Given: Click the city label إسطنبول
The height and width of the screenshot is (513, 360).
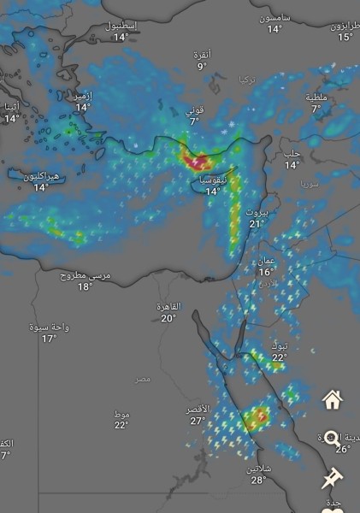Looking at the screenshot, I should (121, 26).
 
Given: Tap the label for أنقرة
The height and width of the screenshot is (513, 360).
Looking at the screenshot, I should (202, 55).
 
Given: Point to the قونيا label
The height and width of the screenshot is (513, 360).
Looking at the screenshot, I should (195, 110).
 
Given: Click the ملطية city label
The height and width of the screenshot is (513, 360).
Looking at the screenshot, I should (316, 97).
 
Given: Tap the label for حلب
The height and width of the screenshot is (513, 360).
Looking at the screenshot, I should (292, 154).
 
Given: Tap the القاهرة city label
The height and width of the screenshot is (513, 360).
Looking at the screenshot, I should (168, 306).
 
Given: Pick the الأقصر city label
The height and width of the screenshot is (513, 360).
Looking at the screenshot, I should (198, 410).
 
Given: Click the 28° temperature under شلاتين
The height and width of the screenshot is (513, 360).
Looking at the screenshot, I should (258, 481).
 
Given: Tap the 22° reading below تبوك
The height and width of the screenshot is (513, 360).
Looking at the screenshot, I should (279, 357).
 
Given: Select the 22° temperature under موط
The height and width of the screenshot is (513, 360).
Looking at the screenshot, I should (121, 425).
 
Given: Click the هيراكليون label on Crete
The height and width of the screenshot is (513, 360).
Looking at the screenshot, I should (40, 176).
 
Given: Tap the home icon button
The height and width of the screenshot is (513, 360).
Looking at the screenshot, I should (333, 399).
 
